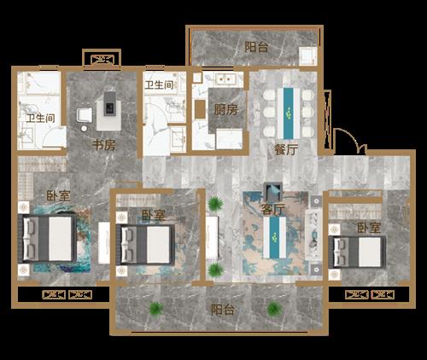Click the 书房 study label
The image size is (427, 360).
click(104, 145)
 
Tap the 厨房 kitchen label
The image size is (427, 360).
click(226, 110)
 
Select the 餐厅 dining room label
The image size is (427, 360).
click(286, 150)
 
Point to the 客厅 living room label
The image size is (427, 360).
click(272, 210)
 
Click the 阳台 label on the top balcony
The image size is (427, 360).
click(256, 47)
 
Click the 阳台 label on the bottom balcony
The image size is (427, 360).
click(223, 310)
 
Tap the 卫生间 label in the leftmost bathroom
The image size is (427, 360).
click(40, 119)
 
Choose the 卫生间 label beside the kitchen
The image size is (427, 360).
click(159, 84)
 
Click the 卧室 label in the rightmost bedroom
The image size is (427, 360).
click(369, 228)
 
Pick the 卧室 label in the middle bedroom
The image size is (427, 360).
click(154, 215)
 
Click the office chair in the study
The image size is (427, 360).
click(85, 115)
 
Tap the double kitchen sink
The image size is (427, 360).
click(225, 78)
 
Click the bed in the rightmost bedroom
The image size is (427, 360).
click(357, 253)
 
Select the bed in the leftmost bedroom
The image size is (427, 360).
click(48, 239)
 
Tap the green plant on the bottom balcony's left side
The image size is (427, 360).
click(156, 309)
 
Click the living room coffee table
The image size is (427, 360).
click(275, 237)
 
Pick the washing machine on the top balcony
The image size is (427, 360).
click(307, 56)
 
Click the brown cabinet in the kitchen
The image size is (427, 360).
click(200, 109)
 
